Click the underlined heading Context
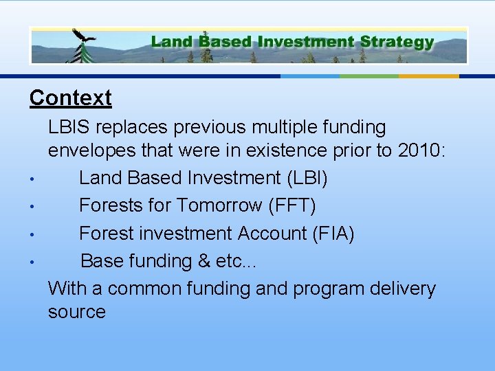[x=70, y=98]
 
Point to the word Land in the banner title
[x=171, y=41]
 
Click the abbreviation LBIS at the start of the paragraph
[x=69, y=127]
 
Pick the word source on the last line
[x=76, y=312]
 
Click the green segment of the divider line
[x=369, y=76]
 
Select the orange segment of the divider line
[x=429, y=76]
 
